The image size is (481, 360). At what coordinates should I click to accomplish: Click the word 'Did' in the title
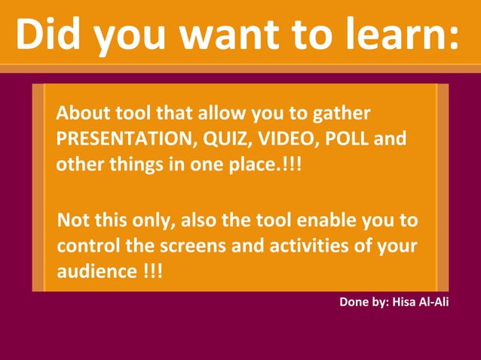[x=54, y=34]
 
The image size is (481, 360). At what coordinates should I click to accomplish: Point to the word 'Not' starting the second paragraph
[x=73, y=221]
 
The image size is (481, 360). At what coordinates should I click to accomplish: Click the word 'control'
[x=87, y=246]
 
